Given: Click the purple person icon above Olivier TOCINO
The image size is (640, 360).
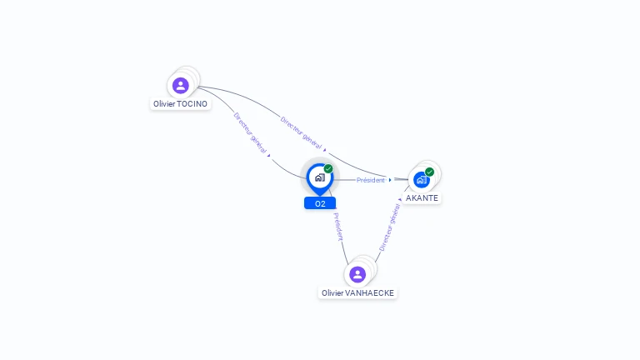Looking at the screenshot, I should (180, 85).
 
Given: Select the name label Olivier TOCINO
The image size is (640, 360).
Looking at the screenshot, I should (180, 104).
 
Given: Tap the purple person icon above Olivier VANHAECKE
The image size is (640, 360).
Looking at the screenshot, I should (357, 274).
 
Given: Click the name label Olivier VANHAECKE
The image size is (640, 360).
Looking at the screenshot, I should (358, 293).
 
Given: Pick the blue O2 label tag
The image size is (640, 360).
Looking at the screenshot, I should (320, 203).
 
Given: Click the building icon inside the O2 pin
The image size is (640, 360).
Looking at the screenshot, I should (319, 177).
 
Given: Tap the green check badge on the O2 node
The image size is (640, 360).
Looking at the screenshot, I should (328, 169).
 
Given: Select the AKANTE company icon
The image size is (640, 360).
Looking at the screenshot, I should (422, 179).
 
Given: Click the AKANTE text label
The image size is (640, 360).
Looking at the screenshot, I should (422, 198).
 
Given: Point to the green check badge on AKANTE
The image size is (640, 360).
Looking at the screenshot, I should (429, 172).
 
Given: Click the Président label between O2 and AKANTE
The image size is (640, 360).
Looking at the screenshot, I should (371, 180).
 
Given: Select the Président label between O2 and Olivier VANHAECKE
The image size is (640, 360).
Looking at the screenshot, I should (338, 227).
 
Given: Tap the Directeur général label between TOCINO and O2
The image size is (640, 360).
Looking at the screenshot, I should (250, 133).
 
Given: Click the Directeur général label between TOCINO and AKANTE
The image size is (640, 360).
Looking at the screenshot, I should (302, 132).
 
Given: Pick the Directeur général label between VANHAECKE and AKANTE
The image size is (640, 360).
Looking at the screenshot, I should (390, 227).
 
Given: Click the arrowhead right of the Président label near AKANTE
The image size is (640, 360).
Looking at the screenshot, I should (390, 180).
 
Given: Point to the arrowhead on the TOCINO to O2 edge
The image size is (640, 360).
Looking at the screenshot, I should (268, 155).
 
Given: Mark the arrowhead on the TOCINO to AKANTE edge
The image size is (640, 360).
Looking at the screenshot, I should (325, 149).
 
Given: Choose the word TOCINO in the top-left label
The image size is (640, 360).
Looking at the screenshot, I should (192, 104).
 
